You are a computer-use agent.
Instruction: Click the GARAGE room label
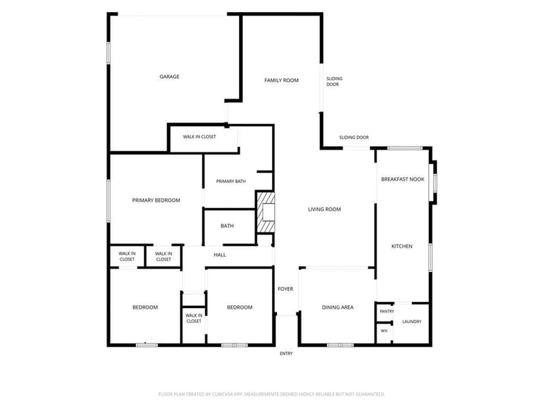click(169, 77)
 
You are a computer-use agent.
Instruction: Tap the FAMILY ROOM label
click(281, 80)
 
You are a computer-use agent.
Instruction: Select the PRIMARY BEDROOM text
click(156, 200)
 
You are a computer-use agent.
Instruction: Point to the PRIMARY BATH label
click(231, 181)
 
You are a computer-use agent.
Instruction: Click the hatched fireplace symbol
click(265, 212)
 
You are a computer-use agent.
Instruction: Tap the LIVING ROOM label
click(324, 209)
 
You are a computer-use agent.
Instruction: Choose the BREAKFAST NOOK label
click(402, 180)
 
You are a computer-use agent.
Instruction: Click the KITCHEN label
click(402, 246)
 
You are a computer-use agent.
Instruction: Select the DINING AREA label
click(337, 307)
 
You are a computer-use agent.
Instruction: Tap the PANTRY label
click(386, 311)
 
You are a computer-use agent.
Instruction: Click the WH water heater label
click(384, 331)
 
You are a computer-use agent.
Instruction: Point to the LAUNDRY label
click(412, 322)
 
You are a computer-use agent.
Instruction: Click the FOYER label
click(285, 289)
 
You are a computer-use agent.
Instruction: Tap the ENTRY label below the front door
click(286, 354)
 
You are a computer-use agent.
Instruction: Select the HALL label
click(219, 254)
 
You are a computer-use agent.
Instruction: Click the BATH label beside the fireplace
click(227, 226)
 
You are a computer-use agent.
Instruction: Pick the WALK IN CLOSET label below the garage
click(199, 137)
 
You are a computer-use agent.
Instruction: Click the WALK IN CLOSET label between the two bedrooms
click(193, 318)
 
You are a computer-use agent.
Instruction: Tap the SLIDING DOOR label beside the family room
click(334, 82)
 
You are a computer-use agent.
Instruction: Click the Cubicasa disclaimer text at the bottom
click(271, 394)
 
